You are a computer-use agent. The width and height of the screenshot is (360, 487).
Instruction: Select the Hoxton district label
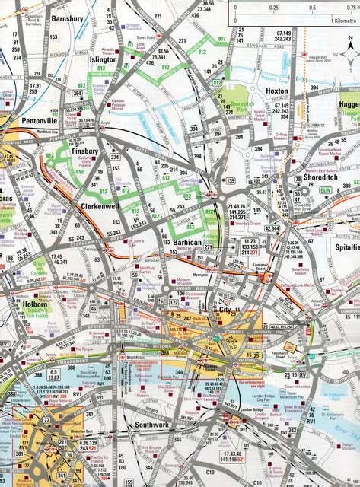[276, 91]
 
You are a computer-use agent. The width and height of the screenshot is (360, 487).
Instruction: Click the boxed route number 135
[231, 180]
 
